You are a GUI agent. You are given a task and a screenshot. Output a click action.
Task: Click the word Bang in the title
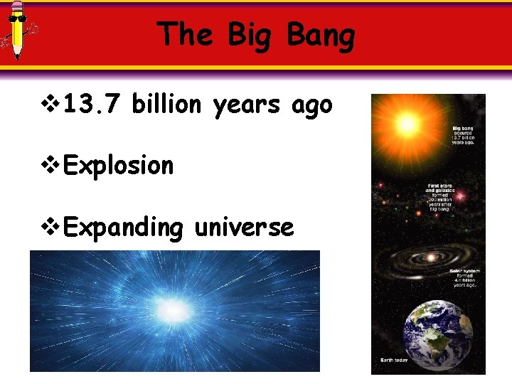click(x=321, y=36)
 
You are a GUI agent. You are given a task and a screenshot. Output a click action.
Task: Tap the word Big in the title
click(x=254, y=36)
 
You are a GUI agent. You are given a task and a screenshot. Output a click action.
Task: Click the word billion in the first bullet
click(x=169, y=105)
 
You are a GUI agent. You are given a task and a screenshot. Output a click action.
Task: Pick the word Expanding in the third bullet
click(x=124, y=228)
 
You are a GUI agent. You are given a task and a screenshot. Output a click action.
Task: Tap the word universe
click(x=244, y=228)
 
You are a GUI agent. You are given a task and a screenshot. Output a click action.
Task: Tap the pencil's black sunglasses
click(x=17, y=19)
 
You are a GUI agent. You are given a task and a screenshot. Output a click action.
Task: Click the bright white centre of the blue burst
click(x=173, y=308)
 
